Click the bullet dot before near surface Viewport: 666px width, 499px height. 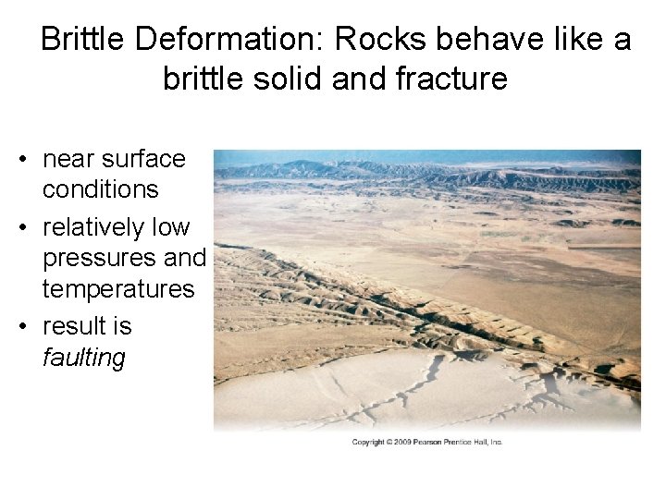22,159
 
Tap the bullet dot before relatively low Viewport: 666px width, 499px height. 22,227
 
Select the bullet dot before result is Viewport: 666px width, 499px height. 22,326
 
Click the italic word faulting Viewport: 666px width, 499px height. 83,358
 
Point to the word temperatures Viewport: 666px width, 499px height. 118,289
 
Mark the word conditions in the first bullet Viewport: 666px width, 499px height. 100,189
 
